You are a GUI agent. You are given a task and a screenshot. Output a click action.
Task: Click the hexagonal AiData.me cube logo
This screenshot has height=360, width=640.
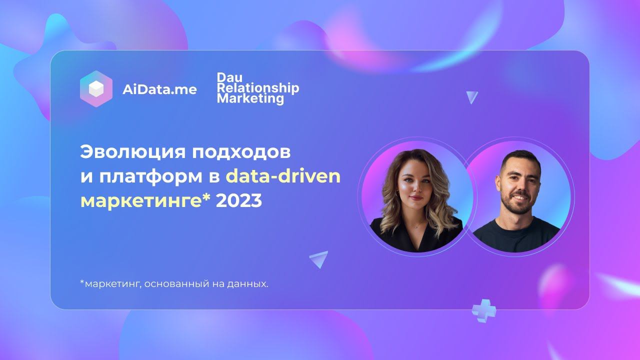coord(96,89)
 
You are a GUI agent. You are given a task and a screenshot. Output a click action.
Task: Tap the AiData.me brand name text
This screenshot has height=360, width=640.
coord(159,89)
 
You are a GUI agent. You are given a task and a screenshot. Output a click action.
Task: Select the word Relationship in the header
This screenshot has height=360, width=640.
coord(258,88)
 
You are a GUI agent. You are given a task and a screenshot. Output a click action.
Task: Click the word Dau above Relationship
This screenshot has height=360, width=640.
coord(229,77)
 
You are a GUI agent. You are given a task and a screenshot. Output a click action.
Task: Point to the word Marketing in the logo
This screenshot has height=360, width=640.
coord(250,98)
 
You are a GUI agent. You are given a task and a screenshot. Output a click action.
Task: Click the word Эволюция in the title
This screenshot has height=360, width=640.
coord(131,152)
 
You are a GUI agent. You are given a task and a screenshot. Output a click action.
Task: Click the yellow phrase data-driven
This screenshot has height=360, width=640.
coord(283,176)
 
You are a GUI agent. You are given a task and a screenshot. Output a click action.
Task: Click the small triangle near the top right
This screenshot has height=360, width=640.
coord(471,97)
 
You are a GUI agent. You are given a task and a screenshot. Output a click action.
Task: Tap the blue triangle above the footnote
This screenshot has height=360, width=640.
coord(319,258)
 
